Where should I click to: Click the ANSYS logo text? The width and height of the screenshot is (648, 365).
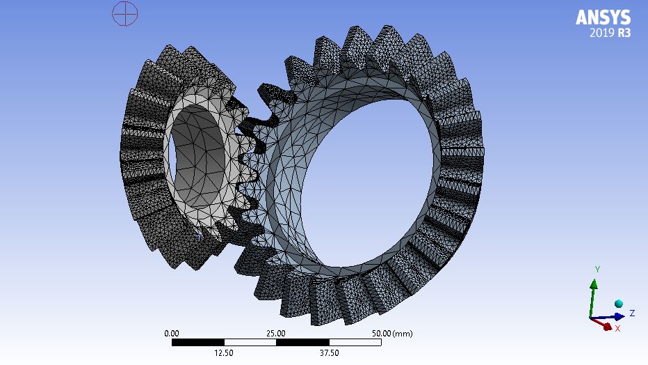coord(603,17)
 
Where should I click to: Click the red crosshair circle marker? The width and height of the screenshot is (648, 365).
coord(124,13)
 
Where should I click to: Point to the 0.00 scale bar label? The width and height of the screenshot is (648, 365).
coord(171,333)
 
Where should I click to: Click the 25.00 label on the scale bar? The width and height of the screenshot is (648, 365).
coord(276,333)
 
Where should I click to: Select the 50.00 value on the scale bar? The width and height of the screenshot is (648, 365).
coord(382,333)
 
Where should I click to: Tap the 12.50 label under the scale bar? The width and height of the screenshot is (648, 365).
coord(224,352)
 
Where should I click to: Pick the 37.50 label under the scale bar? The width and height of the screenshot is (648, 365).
coord(328,352)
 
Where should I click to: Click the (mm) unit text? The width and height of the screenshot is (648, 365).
coord(403,333)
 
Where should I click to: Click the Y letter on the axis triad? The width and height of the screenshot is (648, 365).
coord(597,269)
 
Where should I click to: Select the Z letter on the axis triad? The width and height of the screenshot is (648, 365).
coord(632,313)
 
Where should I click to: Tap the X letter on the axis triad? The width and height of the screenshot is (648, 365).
coord(617,328)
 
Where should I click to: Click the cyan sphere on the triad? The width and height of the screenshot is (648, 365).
coord(618,304)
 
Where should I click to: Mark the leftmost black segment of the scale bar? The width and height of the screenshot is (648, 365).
coord(197,342)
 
